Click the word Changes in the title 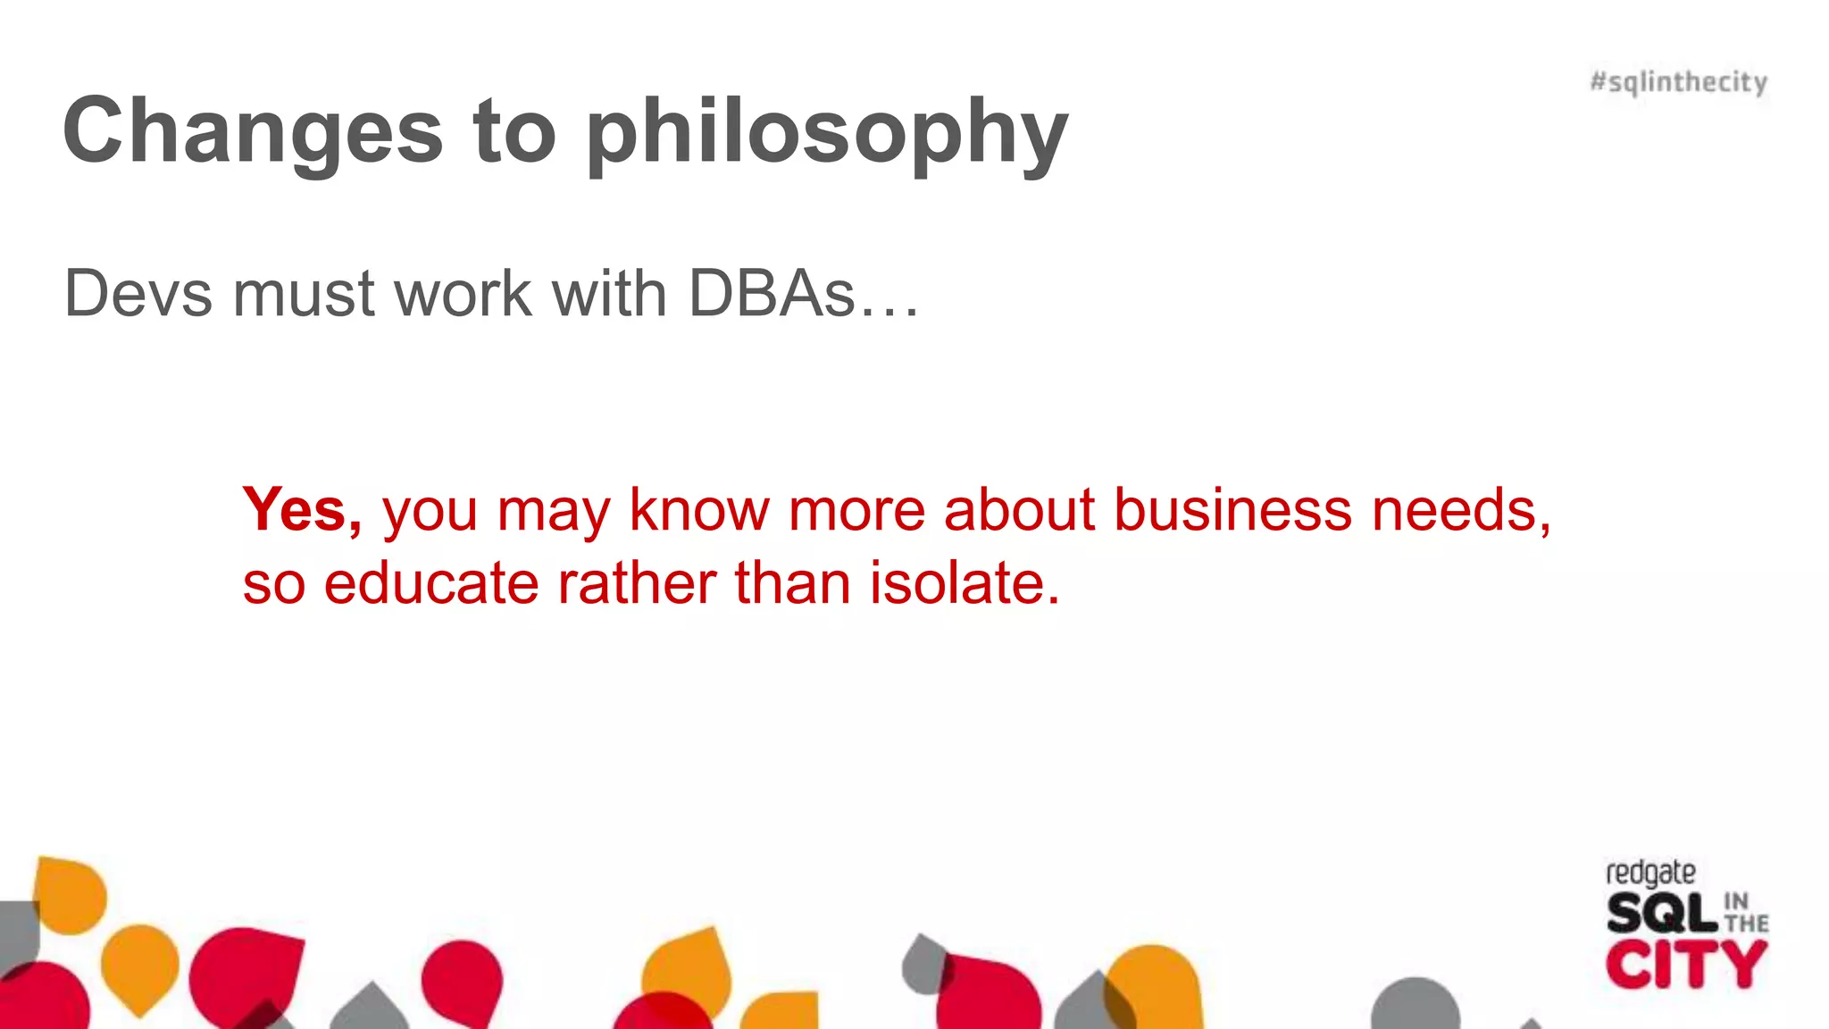point(253,131)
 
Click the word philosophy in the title point(827,134)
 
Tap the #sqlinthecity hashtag point(1678,82)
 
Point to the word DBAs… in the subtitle point(803,294)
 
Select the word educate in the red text point(431,583)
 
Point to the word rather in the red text point(635,583)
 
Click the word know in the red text point(698,510)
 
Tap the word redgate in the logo point(1649,872)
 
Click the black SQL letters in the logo point(1662,913)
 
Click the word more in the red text point(856,510)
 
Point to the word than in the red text point(792,583)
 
